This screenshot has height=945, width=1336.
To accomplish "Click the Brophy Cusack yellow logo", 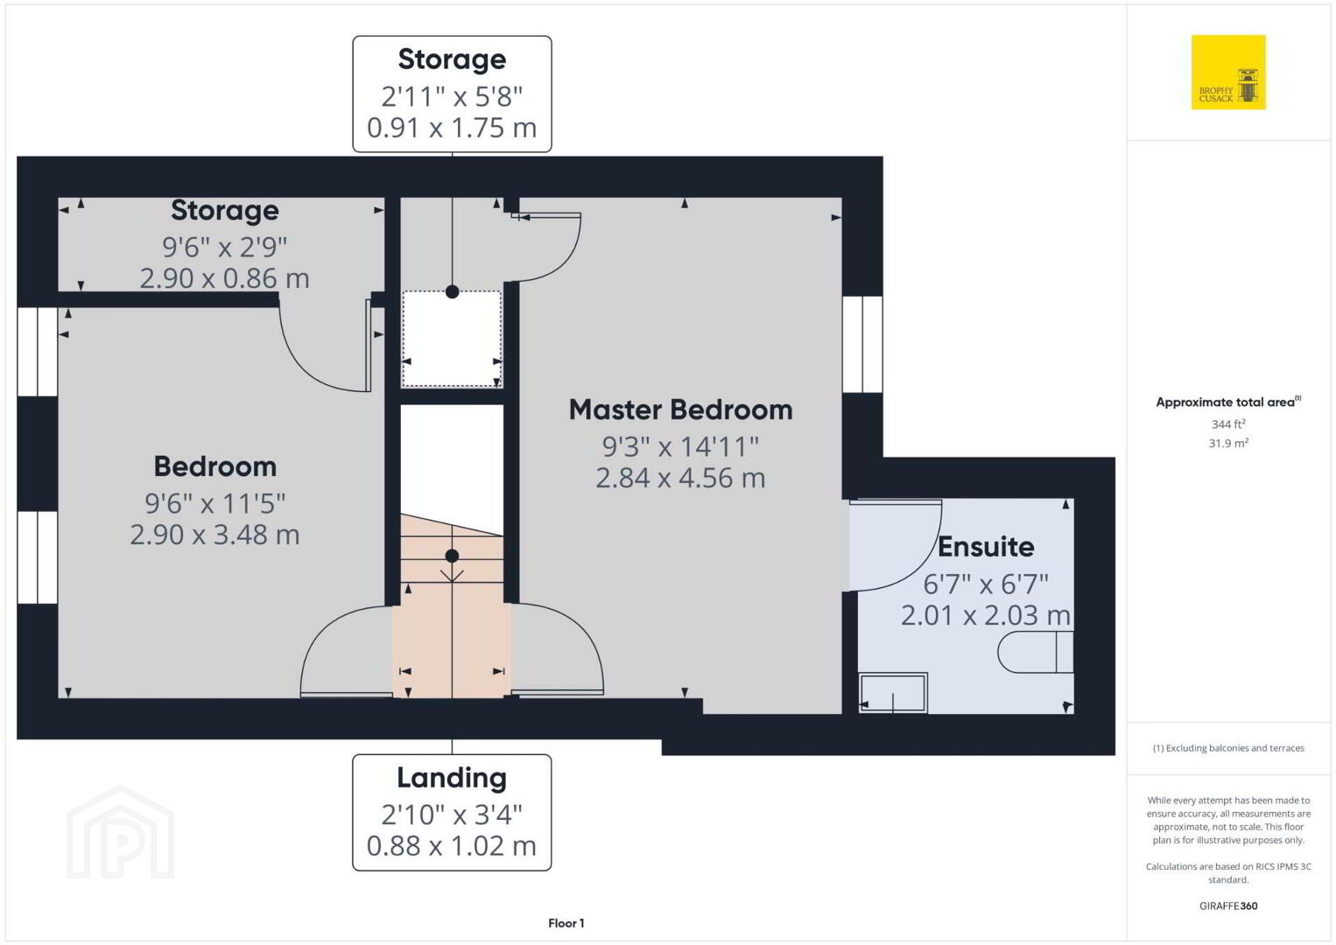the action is tap(1228, 72).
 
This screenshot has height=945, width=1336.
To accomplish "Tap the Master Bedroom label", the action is tap(680, 409).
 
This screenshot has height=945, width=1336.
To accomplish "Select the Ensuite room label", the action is tap(986, 547).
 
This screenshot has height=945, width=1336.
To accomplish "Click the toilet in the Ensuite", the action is tap(1036, 652).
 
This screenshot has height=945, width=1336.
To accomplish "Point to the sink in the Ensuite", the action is tap(893, 693).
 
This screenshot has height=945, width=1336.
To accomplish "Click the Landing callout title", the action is tap(452, 778).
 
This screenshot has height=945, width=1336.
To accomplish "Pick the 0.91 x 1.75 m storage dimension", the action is tap(452, 128).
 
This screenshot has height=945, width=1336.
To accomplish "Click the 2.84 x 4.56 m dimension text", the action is tap(680, 478).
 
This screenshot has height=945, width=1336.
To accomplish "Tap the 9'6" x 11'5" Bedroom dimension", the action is tap(214, 503).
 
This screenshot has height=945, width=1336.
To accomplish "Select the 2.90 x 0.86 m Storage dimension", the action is tap(224, 278).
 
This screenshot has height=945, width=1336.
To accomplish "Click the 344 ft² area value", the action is tap(1228, 423).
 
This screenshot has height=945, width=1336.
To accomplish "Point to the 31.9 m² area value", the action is tap(1228, 443).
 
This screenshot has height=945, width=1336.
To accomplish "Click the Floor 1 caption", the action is tap(566, 923).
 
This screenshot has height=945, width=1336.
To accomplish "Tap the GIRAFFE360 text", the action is tap(1228, 906).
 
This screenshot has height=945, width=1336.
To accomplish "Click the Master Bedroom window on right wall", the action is tap(862, 344).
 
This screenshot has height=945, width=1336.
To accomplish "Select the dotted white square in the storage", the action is tap(452, 339).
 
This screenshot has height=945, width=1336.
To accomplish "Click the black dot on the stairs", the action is tap(452, 556).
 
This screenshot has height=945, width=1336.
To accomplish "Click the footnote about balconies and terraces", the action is tap(1228, 747).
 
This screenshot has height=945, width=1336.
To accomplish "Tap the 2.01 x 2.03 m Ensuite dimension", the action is tap(985, 615).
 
